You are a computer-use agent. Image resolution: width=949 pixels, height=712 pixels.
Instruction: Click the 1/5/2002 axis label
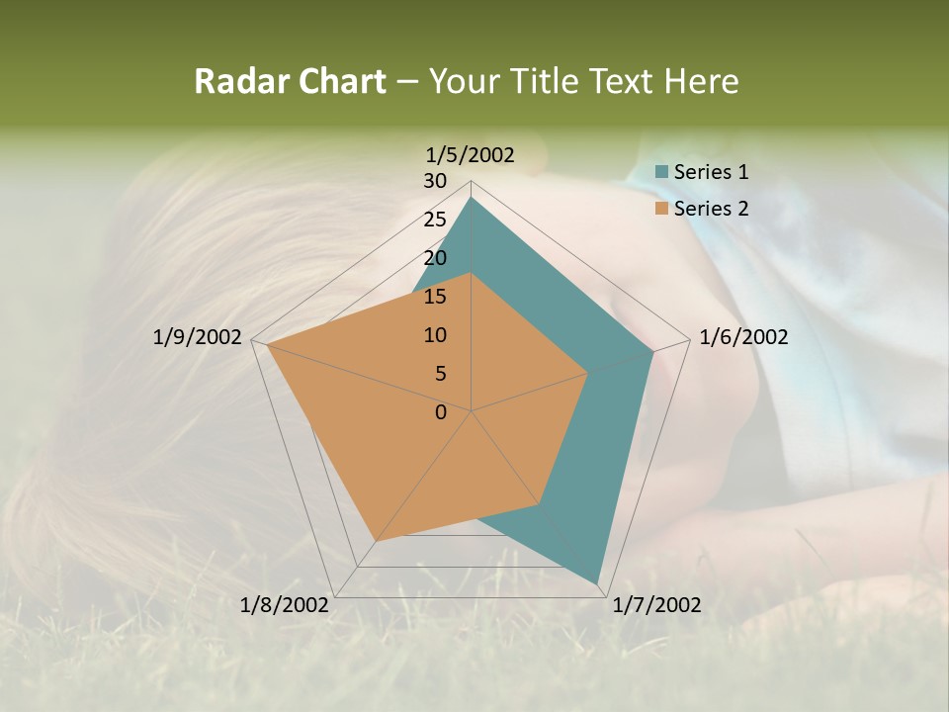471,154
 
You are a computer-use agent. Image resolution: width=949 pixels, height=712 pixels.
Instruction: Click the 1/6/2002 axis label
743,337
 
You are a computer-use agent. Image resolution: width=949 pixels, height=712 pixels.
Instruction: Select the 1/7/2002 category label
656,605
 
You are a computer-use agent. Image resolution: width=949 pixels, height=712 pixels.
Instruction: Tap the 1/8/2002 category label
284,605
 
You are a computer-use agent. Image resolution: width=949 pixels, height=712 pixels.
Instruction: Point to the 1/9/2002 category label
197,337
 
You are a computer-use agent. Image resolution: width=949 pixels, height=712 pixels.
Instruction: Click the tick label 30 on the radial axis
435,181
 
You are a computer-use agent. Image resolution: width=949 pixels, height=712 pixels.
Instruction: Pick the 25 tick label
435,220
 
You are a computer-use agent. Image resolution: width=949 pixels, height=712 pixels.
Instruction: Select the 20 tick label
435,258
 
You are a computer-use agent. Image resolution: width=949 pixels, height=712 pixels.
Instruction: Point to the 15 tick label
435,297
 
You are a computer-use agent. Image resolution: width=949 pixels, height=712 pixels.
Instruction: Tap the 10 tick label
435,335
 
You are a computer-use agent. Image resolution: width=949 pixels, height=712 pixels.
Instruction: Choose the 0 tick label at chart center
441,412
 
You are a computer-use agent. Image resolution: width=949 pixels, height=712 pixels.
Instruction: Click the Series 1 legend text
711,172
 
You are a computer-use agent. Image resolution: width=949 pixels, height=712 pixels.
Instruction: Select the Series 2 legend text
711,209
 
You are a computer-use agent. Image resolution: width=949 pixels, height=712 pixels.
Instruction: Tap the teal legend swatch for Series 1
662,172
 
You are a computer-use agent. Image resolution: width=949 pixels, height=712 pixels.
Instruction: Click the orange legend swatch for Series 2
662,209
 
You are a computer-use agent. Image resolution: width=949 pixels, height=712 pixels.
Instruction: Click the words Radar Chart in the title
290,81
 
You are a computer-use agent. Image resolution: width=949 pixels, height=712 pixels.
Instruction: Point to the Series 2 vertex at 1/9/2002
268,345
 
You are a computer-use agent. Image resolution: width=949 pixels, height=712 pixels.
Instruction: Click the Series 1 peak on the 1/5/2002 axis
472,198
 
